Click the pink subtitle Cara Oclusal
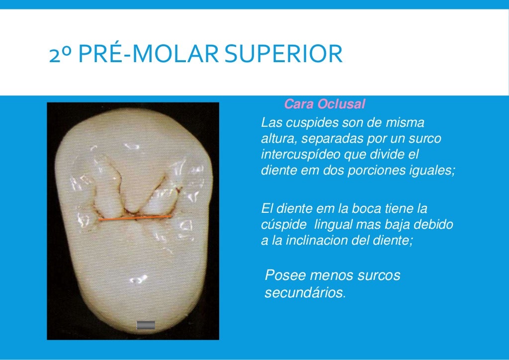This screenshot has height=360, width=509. coord(325,104)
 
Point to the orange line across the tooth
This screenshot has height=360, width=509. coord(134,218)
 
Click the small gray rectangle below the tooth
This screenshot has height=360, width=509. coord(146,325)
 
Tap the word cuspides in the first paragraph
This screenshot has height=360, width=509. coord(305,122)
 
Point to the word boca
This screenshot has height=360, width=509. coord(369,208)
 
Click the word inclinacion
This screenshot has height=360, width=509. coord(332,241)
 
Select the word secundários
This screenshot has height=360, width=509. coord(304,293)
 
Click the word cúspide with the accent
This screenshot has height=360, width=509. coord(281,225)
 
